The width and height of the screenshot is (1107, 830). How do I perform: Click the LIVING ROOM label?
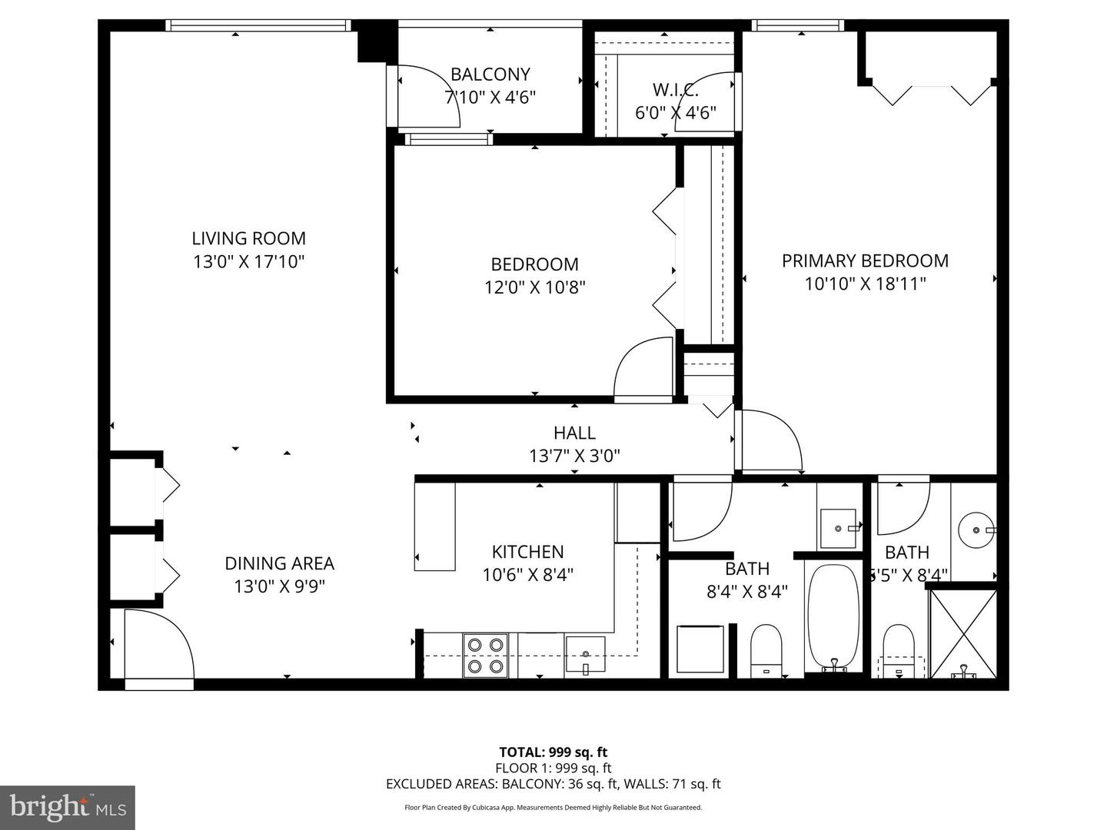[248, 238]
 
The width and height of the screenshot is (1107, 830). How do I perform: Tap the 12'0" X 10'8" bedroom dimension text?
[534, 287]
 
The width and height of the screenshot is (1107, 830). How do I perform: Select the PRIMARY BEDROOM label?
[865, 261]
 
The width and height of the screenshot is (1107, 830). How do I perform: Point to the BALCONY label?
[490, 75]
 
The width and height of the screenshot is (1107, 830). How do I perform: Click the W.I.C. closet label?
[675, 90]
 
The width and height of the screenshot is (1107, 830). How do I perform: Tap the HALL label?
[574, 433]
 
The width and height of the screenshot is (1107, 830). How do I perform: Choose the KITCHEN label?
[527, 552]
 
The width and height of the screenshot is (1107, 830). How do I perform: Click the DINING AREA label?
[279, 563]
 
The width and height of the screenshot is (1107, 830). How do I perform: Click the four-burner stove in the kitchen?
[485, 655]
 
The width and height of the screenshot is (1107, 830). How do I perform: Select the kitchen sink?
[585, 654]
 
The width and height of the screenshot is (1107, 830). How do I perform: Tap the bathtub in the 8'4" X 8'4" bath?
[833, 617]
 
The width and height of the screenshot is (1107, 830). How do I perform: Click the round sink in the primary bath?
[976, 530]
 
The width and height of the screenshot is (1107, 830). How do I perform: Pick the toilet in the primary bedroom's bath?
[898, 650]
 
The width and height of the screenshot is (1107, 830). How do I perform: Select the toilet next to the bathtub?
[765, 650]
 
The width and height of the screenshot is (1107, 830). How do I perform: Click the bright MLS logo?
[68, 807]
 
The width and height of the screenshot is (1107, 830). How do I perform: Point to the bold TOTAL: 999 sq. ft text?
[553, 752]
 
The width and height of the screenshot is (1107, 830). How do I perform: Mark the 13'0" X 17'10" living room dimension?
[248, 262]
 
